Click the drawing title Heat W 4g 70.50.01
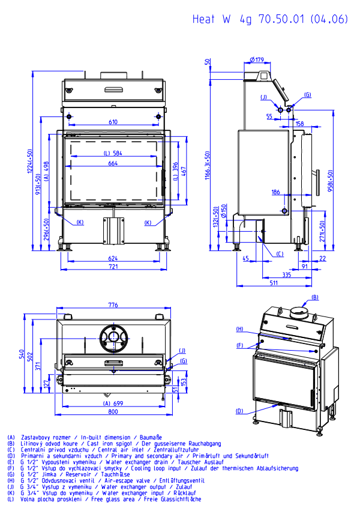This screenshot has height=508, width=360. [270, 19]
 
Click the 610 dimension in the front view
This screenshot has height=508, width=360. [113, 122]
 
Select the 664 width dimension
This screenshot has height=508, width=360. [113, 163]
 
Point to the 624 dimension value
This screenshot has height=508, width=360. [113, 258]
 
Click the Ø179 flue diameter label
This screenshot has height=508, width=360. [256, 59]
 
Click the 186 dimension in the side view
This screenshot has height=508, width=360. [275, 192]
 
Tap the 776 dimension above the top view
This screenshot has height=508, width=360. [113, 306]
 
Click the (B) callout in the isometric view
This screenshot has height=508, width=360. [314, 297]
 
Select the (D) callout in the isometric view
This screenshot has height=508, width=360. [239, 411]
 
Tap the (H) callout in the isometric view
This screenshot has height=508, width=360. [239, 329]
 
